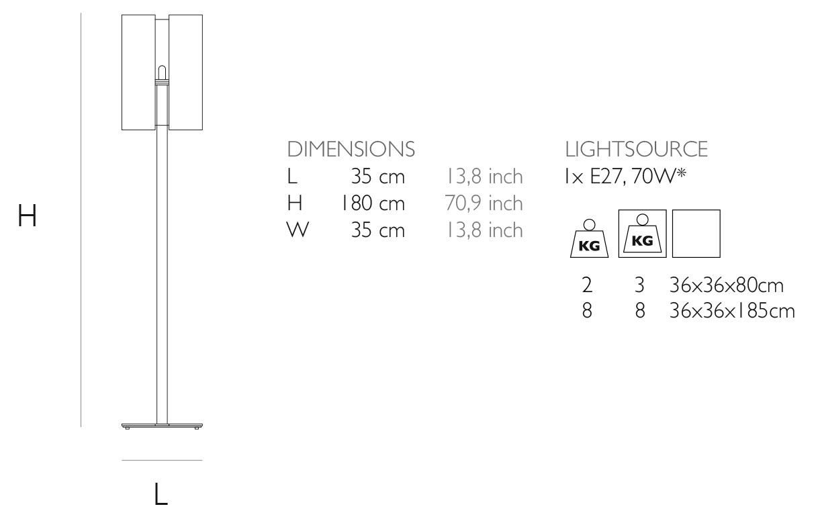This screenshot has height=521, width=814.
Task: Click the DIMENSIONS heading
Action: tap(351, 149)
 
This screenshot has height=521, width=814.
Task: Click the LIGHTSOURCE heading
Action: tap(636, 149)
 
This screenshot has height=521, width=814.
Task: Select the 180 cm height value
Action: tap(373, 203)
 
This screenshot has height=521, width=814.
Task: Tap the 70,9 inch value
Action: tap(484, 203)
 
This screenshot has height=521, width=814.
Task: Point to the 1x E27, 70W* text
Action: tap(625, 177)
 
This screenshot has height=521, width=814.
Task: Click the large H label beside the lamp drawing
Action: tap(28, 216)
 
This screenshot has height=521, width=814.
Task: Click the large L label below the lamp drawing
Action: tap(161, 493)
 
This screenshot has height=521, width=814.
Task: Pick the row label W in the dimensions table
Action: tap(298, 230)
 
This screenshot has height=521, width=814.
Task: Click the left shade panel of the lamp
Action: tap(138, 73)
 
